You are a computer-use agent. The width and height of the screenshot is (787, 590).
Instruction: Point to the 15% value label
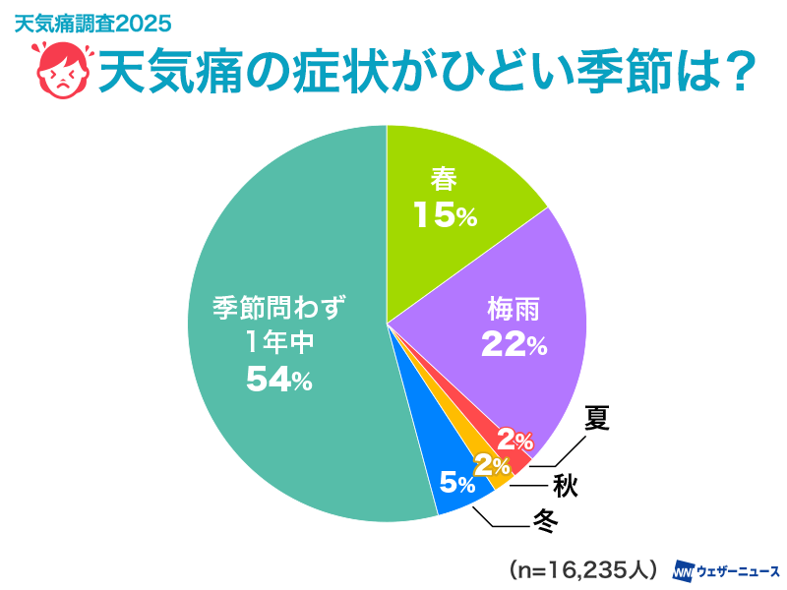point(446,215)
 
